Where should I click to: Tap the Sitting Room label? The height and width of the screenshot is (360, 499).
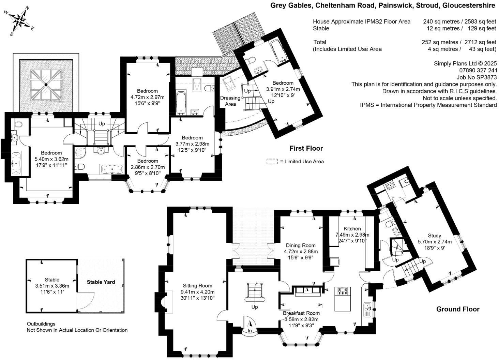[197, 286]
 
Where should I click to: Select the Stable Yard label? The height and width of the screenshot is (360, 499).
[101, 282]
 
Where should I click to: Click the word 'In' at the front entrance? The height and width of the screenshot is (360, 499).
[249, 331]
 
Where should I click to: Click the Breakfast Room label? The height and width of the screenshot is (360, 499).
[301, 313]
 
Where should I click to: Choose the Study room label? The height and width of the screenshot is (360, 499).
[434, 236]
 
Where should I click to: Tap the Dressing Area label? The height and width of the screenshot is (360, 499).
[230, 101]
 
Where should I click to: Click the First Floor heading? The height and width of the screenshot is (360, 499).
[306, 148]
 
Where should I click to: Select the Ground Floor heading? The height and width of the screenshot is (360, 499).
[457, 309]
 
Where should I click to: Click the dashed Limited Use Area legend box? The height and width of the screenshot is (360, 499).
[272, 162]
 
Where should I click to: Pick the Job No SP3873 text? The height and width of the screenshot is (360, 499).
[477, 77]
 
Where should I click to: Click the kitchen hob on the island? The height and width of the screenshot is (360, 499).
[343, 291]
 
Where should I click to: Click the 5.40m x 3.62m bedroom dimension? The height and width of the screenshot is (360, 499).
[51, 159]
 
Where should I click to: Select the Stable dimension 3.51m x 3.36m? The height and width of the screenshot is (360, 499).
[52, 286]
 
